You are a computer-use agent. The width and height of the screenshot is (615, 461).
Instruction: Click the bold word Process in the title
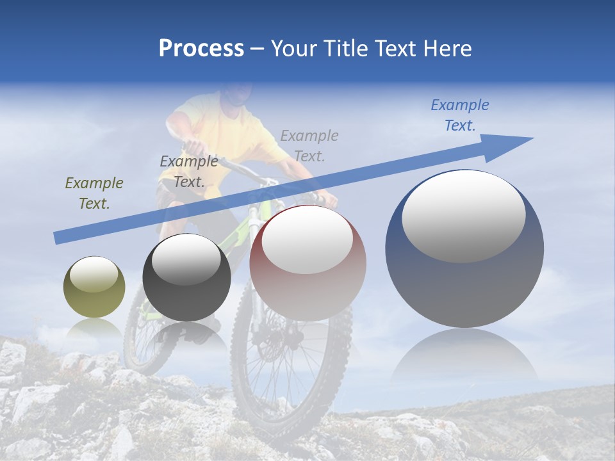[201, 49]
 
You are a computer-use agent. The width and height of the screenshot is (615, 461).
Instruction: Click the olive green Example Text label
[94, 193]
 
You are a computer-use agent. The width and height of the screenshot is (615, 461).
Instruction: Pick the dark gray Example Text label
[189, 172]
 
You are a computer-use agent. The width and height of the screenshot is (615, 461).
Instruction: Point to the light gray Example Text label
[309, 145]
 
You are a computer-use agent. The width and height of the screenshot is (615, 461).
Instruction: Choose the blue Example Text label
[460, 115]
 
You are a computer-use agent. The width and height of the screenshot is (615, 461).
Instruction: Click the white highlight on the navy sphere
[464, 216]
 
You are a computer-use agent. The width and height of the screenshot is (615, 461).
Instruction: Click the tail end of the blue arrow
[59, 238]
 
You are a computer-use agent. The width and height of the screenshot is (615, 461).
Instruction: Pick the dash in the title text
[258, 49]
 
